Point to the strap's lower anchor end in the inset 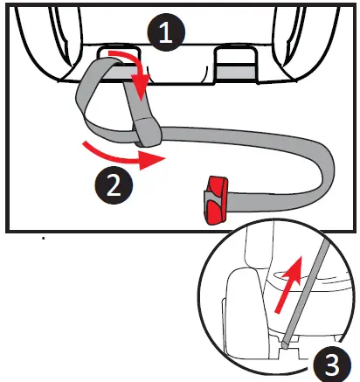tap(286, 349)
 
